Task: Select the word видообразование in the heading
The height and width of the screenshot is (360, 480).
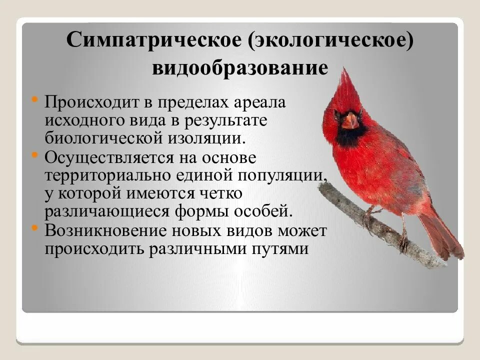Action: click(240, 68)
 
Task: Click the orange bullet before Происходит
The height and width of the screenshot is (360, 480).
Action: click(34, 99)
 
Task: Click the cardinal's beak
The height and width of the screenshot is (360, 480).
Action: click(350, 120)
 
